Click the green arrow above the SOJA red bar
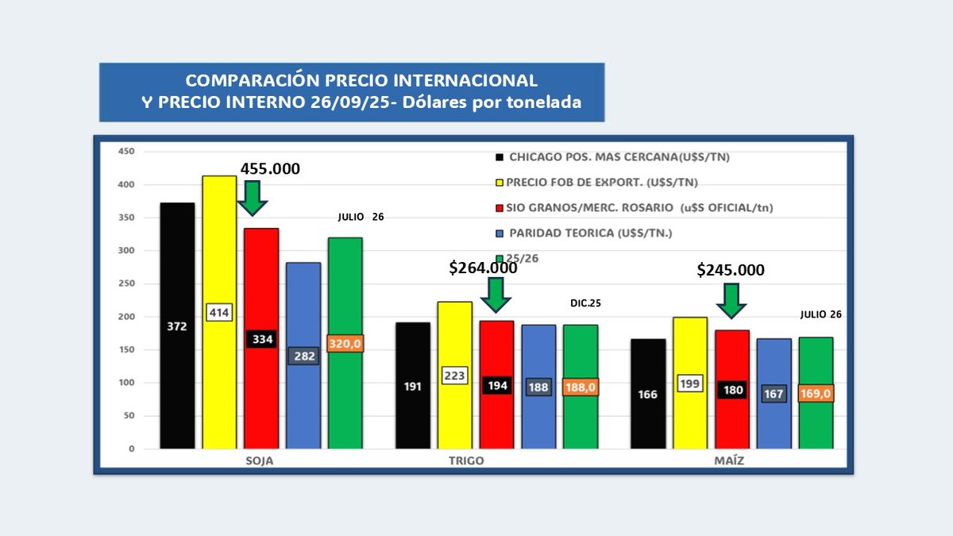click(x=253, y=198)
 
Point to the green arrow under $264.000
click(x=497, y=294)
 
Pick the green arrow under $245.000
click(x=731, y=299)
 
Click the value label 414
click(x=219, y=312)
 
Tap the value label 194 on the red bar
click(x=496, y=386)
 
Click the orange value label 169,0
click(x=816, y=393)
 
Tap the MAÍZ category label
click(x=728, y=461)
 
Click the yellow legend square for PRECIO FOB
click(x=499, y=183)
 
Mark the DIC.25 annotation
click(x=585, y=303)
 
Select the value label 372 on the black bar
click(x=177, y=326)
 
